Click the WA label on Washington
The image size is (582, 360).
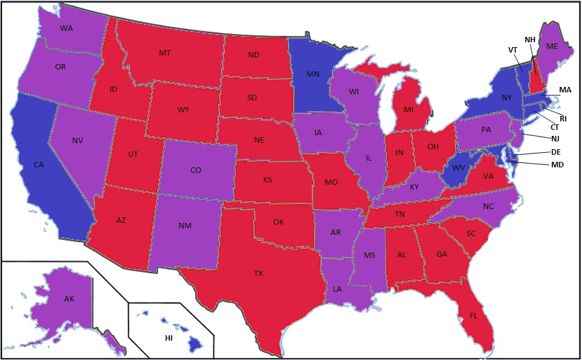pyautogui.click(x=67, y=28)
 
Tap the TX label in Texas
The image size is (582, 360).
pyautogui.click(x=258, y=274)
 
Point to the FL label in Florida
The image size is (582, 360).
pyautogui.click(x=474, y=315)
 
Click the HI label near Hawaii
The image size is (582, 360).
pyautogui.click(x=169, y=338)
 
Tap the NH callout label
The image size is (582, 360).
pyautogui.click(x=529, y=40)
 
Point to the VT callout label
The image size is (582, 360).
pyautogui.click(x=512, y=50)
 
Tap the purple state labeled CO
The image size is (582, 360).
pyautogui.click(x=195, y=170)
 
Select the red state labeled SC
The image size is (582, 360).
pyautogui.click(x=472, y=234)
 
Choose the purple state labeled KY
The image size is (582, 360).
pyautogui.click(x=414, y=187)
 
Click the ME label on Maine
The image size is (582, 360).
pyautogui.click(x=552, y=45)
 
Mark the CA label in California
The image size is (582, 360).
pyautogui.click(x=38, y=164)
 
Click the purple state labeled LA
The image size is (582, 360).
pyautogui.click(x=337, y=289)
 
